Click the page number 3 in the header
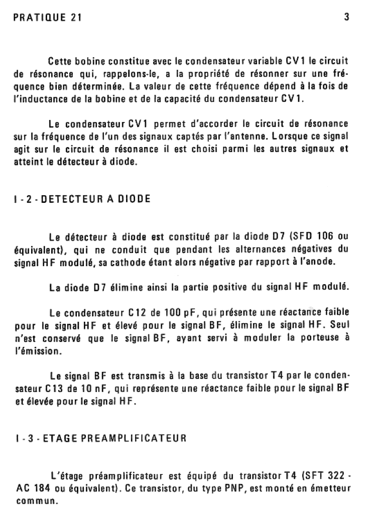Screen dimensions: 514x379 [x=347, y=17]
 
